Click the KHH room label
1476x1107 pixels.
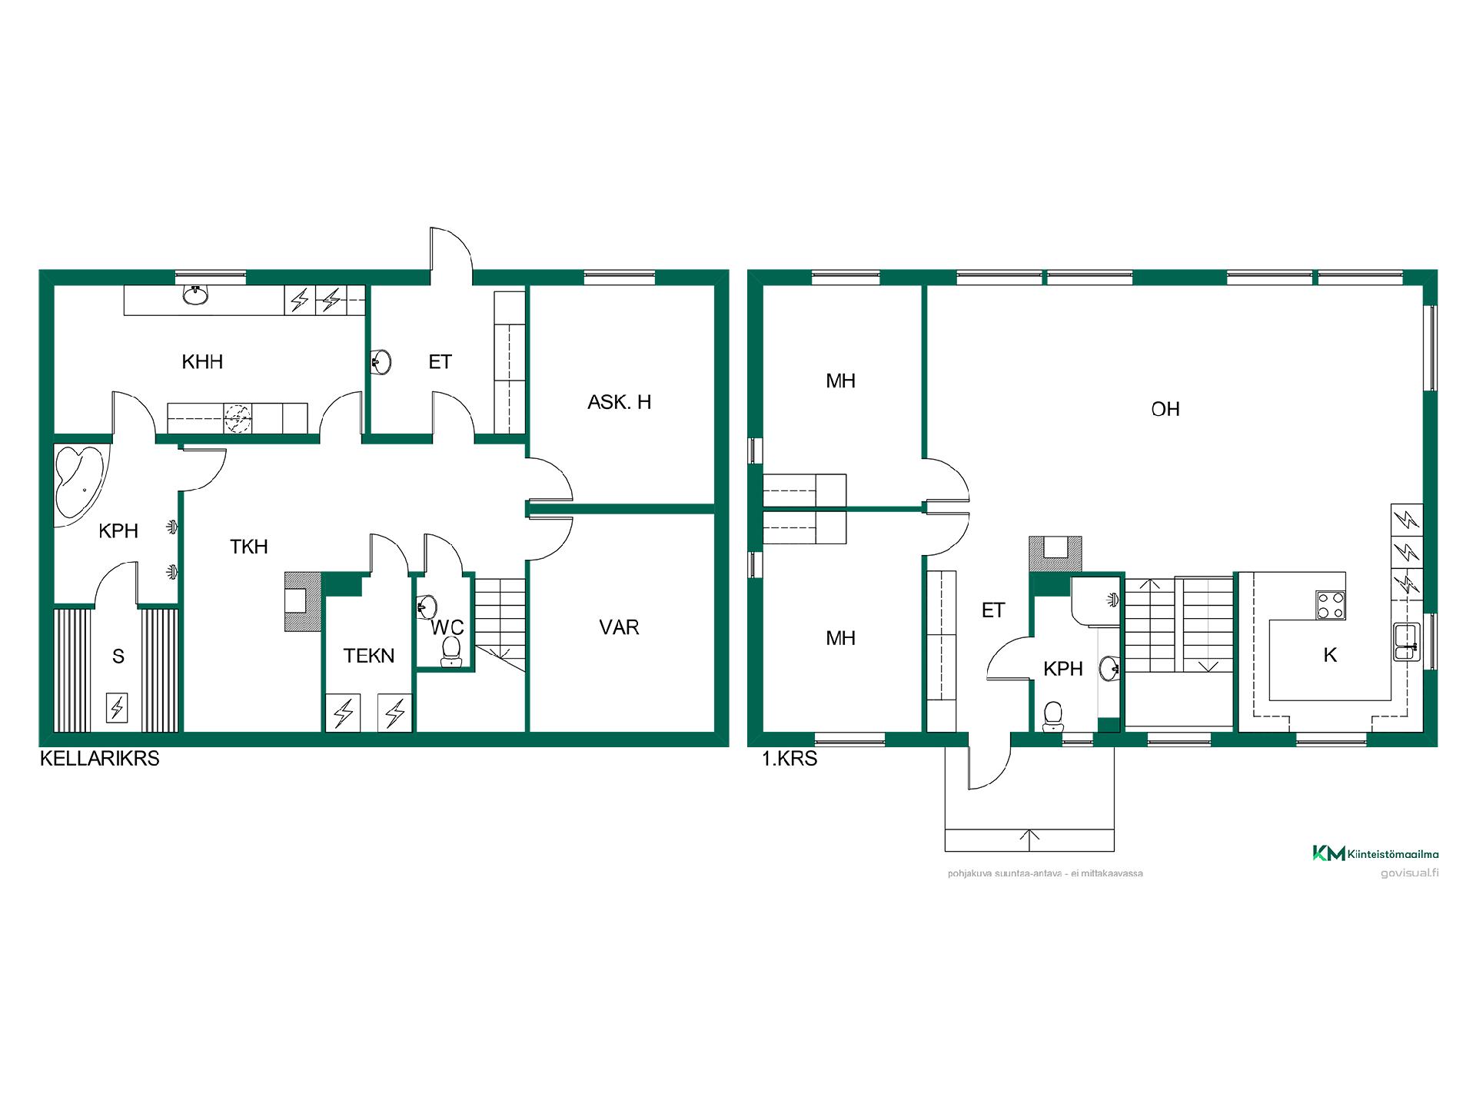click(202, 361)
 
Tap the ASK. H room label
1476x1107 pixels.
click(619, 402)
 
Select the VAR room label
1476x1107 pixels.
click(619, 627)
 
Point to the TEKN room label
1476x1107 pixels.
click(369, 656)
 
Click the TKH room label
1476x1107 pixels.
click(249, 547)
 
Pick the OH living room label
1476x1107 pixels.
click(1165, 409)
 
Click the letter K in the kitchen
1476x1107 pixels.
click(1330, 655)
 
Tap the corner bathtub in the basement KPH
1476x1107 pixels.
click(79, 482)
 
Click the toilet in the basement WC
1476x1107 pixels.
click(451, 652)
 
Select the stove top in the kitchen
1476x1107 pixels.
click(1331, 605)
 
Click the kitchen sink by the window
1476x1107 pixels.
click(1406, 643)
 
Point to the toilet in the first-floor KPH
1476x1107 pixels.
click(1053, 716)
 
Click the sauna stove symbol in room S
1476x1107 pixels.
click(117, 706)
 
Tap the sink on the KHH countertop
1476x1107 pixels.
click(195, 294)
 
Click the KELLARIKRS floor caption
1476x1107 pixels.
click(100, 759)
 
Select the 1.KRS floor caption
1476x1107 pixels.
click(790, 760)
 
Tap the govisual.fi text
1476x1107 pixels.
click(1410, 873)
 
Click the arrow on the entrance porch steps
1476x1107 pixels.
click(1029, 840)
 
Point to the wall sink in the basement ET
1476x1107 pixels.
click(381, 361)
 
